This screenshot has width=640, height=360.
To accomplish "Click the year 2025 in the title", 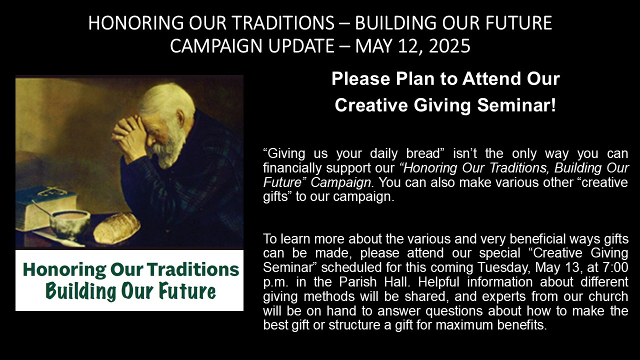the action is pos(449,46).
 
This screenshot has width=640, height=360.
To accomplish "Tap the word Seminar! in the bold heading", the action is pos(516,105).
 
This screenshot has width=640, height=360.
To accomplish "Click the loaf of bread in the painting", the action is pos(117,228).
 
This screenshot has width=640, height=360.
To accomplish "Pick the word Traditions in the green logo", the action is pos(193,269).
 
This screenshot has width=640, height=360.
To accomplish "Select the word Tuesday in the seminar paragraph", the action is pos(503,267).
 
